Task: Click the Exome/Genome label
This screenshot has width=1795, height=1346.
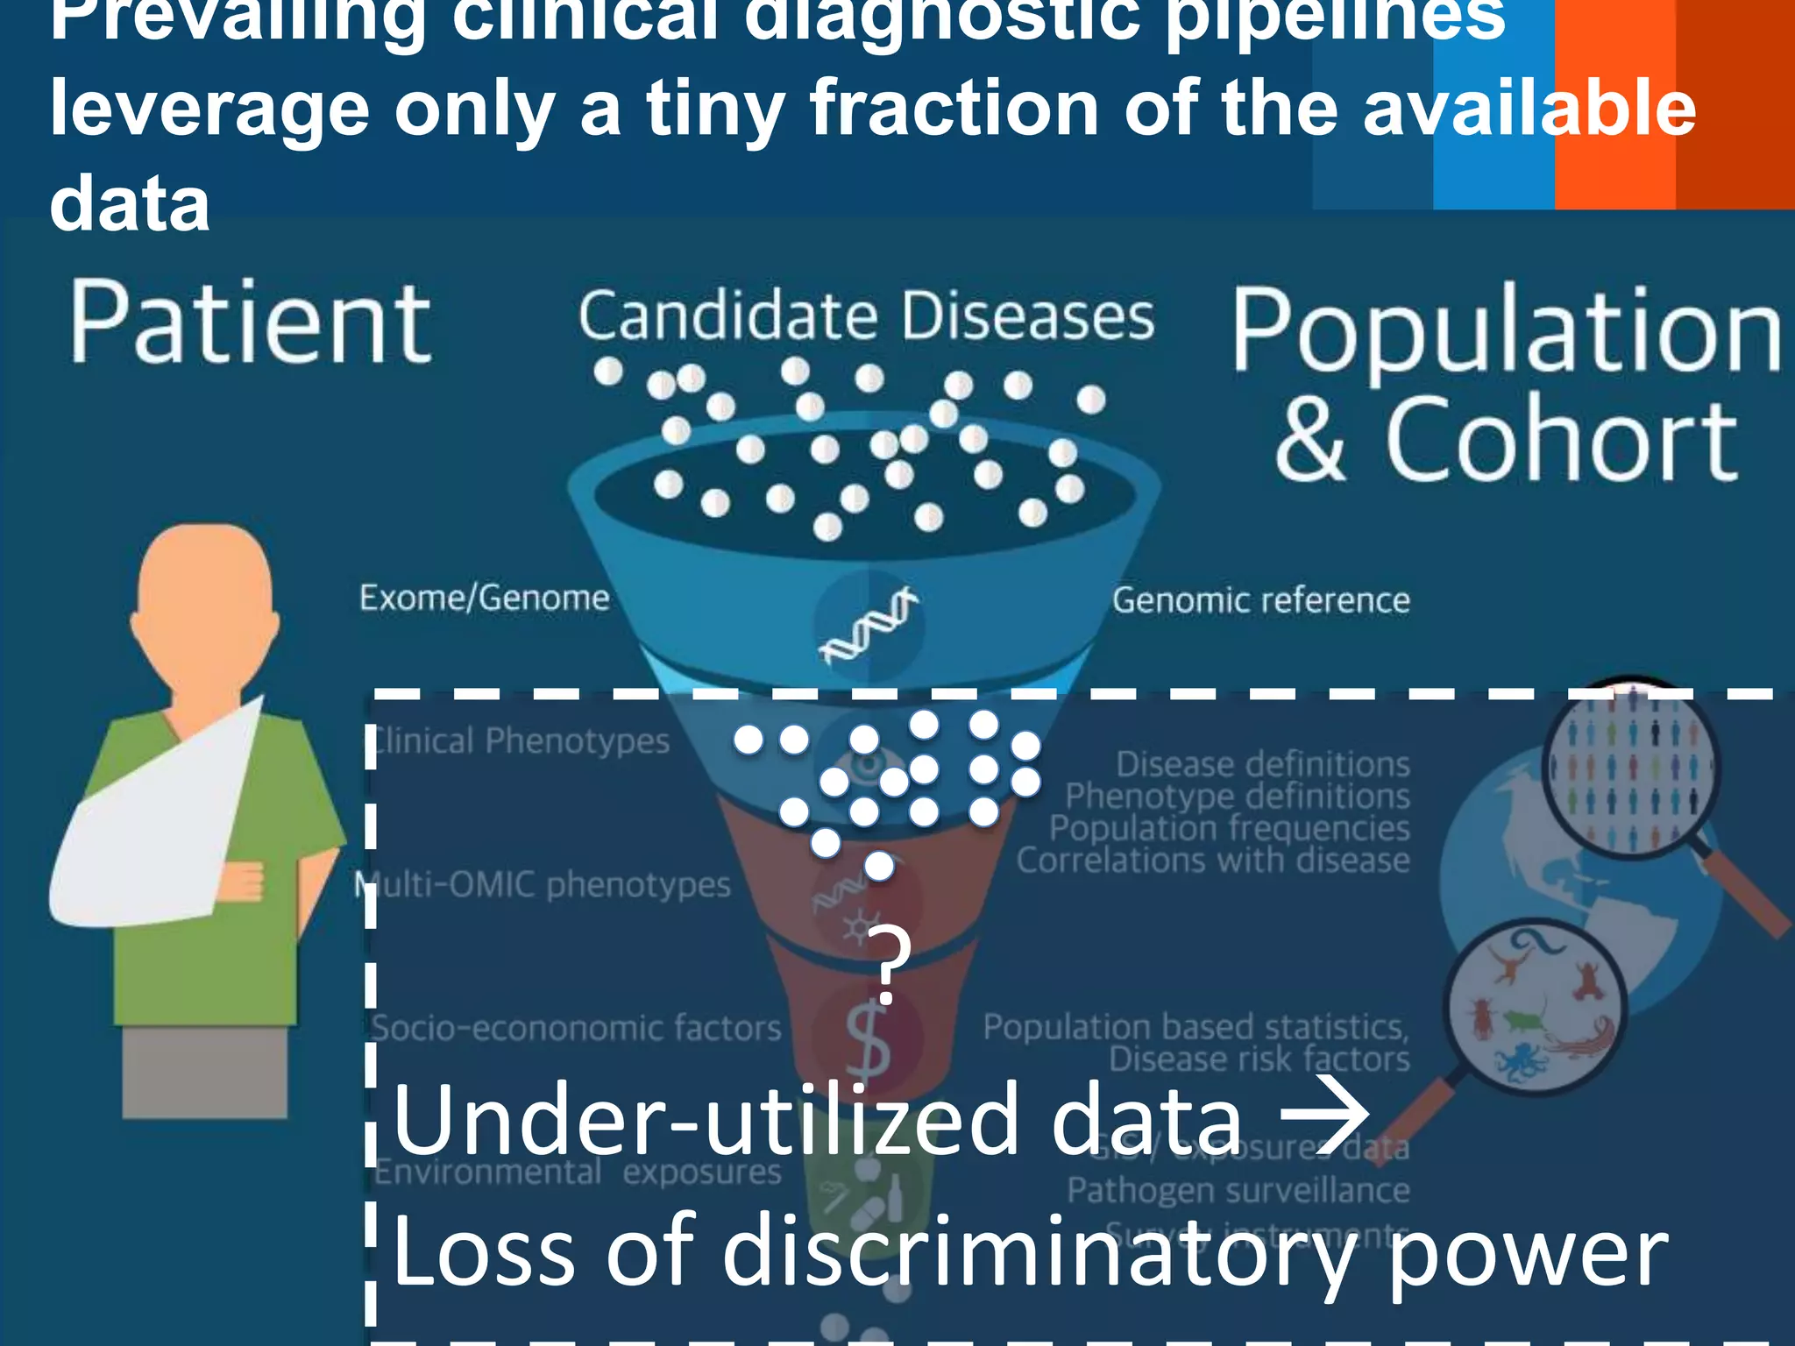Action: click(484, 598)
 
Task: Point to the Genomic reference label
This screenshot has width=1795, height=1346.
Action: click(1260, 600)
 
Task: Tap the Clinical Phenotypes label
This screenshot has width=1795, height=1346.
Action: click(521, 741)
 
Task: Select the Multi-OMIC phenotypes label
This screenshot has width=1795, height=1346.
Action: click(543, 884)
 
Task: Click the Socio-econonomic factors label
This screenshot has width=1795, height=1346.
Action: click(576, 1027)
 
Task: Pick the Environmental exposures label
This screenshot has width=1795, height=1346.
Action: click(578, 1172)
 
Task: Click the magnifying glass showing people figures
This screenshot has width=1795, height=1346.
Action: click(1630, 768)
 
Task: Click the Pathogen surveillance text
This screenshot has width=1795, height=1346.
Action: click(1238, 1190)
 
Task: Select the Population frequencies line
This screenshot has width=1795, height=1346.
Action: click(1229, 828)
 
